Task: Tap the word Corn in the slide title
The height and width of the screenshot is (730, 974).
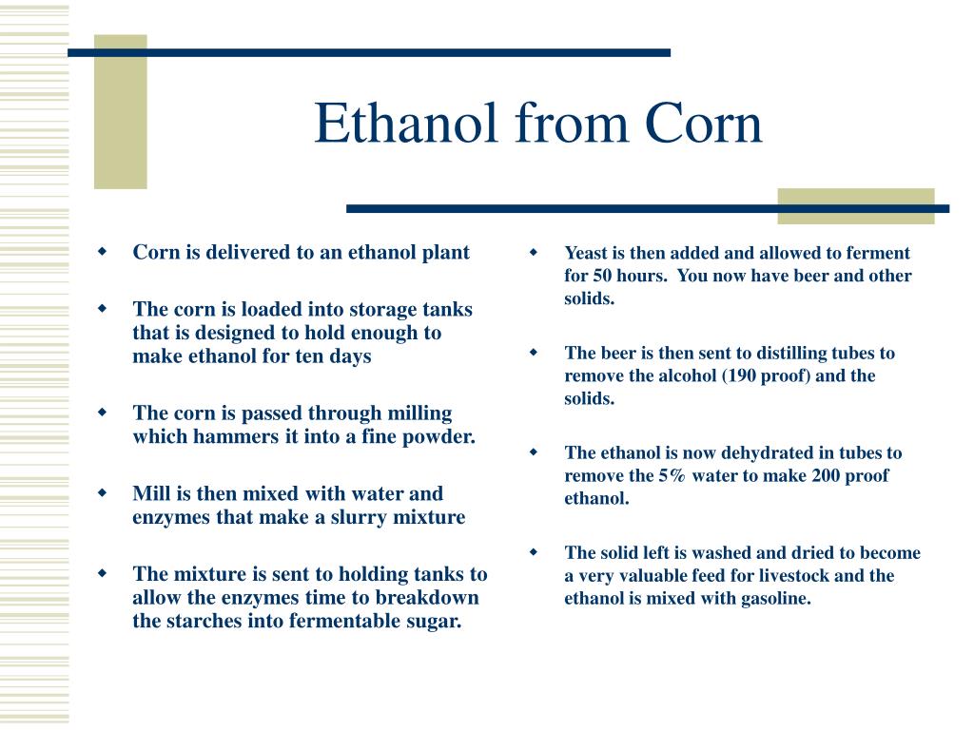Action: click(x=704, y=125)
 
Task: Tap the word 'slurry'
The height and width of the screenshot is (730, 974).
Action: click(x=359, y=518)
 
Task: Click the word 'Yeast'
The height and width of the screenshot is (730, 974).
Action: click(x=587, y=253)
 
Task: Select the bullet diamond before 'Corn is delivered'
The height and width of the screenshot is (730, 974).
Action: click(x=102, y=253)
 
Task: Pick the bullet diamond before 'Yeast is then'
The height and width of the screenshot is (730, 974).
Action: click(x=534, y=253)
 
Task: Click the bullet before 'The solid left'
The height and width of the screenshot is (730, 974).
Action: click(x=534, y=552)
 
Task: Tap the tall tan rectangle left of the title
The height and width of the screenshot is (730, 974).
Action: click(x=120, y=111)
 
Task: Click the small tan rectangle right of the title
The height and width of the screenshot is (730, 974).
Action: click(x=855, y=205)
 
